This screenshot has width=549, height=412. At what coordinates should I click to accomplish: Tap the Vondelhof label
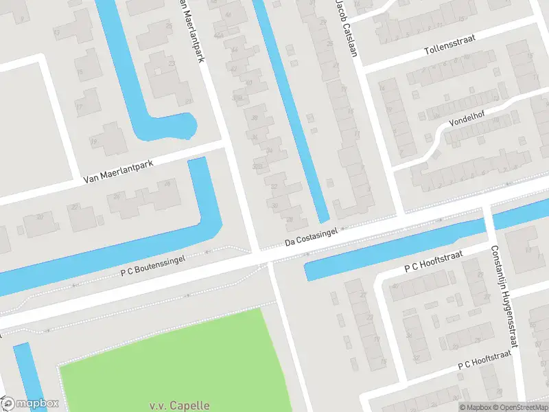click(467, 119)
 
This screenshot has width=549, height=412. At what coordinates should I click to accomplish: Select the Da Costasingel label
click(313, 238)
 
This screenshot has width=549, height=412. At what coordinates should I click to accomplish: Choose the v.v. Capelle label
click(179, 405)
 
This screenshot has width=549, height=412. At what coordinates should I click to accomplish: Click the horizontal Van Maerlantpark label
click(118, 170)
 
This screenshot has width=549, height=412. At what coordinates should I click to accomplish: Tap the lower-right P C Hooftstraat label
click(485, 361)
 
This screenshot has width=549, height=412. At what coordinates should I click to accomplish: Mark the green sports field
click(172, 357)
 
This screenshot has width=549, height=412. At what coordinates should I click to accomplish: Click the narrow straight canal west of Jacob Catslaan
click(291, 110)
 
